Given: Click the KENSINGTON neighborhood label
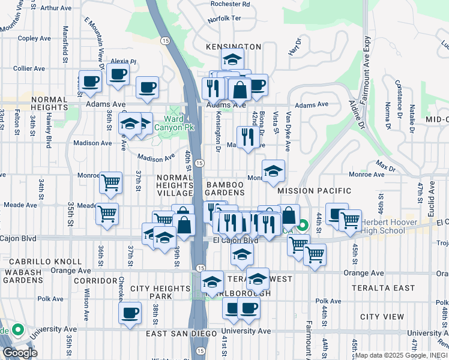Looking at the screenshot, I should pos(234,47).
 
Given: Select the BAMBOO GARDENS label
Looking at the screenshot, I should pos(225,188).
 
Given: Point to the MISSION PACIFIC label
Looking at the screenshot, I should pos(314,191).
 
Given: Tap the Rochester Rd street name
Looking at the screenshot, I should pos(229,4).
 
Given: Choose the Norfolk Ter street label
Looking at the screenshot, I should pos(224,19).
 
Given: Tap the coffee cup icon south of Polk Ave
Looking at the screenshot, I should pos(130,313).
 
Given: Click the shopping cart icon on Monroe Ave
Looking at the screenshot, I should pos(110,182).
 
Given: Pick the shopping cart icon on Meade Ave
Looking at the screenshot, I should pos(107,212).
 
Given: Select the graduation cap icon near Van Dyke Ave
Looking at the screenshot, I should pos(273,171).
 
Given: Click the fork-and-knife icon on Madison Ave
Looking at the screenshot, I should pos(248,137).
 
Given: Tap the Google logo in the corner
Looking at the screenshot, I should pos(20,353).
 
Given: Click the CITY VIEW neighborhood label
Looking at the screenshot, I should pos(382,316).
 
